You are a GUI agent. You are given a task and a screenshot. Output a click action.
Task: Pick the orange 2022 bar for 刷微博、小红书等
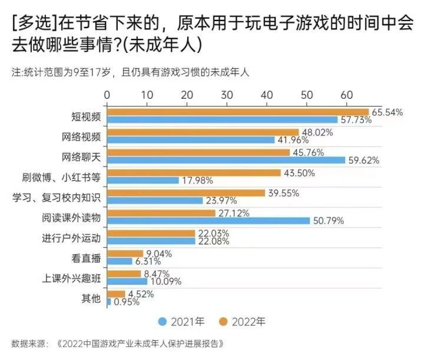(194, 172)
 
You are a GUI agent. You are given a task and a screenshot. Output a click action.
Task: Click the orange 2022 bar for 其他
(115, 294)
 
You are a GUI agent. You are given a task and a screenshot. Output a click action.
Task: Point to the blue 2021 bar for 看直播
(120, 261)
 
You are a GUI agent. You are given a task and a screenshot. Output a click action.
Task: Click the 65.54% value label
(386, 112)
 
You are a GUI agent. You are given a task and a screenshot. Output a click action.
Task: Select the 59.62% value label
(363, 160)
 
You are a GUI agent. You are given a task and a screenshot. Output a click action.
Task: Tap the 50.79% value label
(328, 221)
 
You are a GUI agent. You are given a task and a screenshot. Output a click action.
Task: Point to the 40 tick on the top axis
(266, 95)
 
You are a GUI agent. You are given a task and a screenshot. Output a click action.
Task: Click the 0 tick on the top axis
(107, 95)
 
